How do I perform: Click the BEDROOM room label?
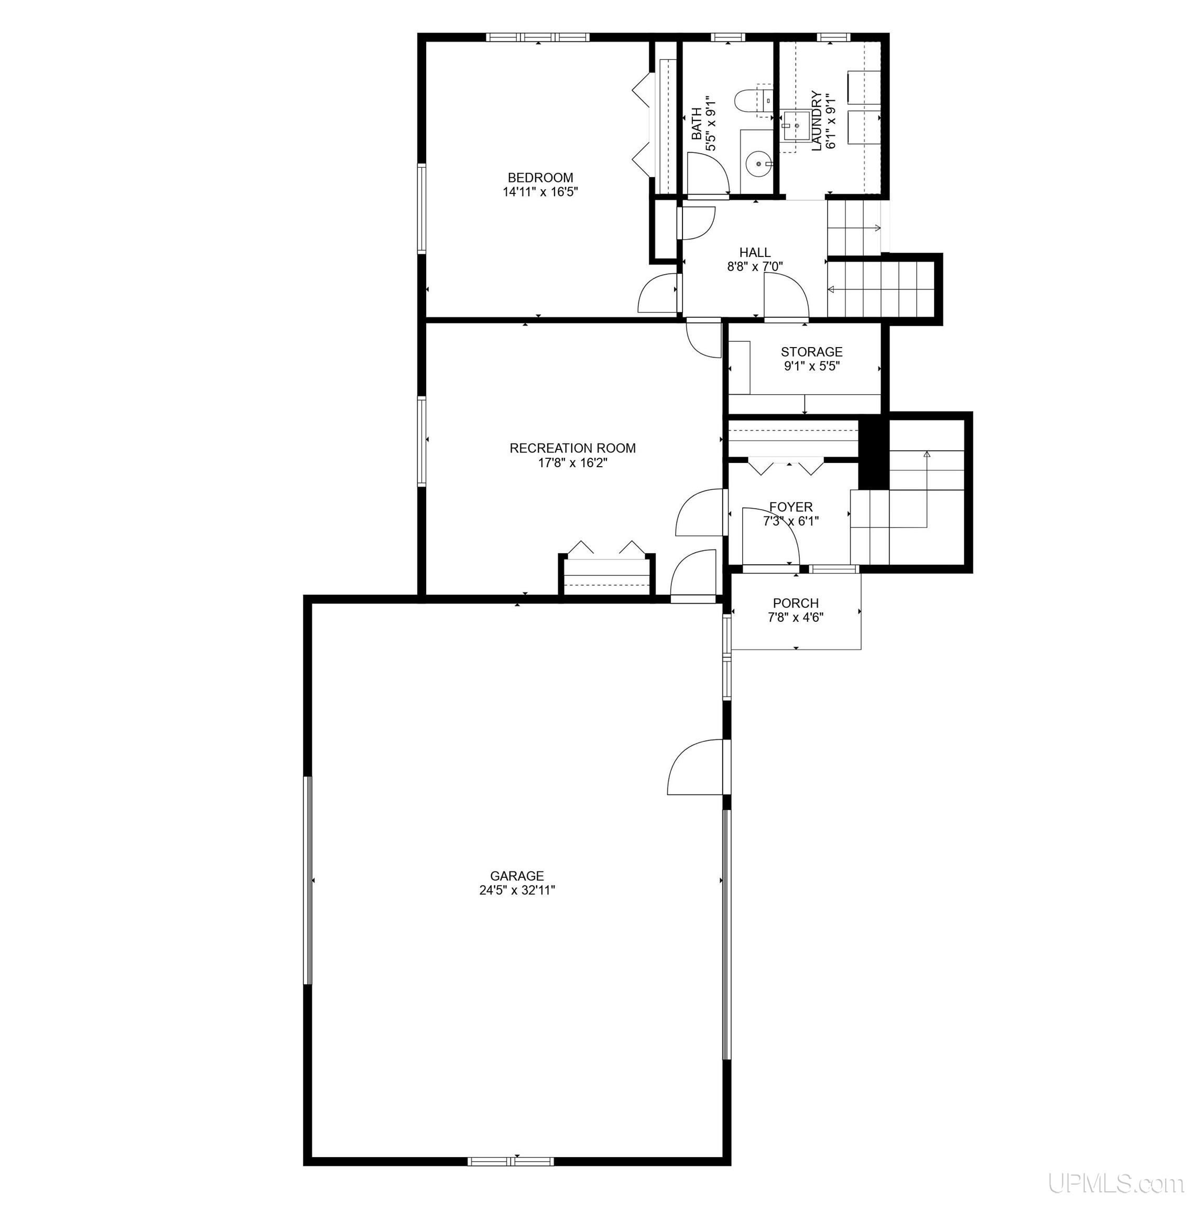540,178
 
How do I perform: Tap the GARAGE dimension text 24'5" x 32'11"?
517,890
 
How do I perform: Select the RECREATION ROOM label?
572,448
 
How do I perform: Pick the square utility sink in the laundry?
797,127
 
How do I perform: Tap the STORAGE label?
811,352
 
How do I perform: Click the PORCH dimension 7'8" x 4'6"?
796,618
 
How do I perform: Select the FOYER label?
790,507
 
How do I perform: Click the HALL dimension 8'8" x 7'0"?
755,266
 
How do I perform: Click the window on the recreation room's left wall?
422,441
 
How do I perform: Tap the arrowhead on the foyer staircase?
927,454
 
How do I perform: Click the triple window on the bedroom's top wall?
538,37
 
